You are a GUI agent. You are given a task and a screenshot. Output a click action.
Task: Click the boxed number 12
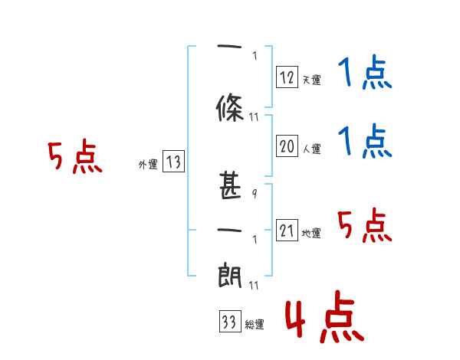pos(287,77)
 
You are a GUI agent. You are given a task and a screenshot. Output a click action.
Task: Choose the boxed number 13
pos(173,162)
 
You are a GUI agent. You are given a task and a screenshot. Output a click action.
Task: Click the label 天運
pos(311,79)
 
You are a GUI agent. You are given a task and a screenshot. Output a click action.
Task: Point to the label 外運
pos(147,164)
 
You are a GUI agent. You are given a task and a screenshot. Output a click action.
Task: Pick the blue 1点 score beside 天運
pos(364,74)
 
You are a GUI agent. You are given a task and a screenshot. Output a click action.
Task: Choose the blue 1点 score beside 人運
pos(364,142)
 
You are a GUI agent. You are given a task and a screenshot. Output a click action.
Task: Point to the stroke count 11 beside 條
pos(255,116)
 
